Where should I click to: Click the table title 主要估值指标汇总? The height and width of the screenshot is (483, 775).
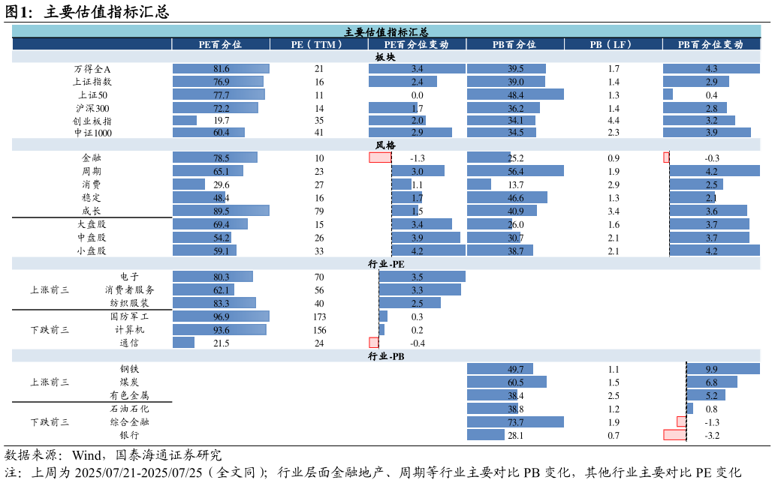386,32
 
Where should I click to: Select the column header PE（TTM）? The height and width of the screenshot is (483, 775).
318,45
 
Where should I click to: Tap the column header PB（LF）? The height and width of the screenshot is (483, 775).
613,45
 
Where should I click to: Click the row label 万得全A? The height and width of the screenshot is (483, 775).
92,69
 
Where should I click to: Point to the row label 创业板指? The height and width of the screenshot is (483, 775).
92,121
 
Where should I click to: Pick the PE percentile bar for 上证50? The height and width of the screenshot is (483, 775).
219,95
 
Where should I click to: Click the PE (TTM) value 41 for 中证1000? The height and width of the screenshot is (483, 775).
319,133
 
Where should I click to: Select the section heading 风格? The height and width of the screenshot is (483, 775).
386,145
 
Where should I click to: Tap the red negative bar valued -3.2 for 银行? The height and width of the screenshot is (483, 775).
674,435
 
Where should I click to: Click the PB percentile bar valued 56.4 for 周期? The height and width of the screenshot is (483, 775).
515,172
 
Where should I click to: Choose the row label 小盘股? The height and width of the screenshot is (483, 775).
92,251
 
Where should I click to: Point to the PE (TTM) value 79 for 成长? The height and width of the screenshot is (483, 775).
319,211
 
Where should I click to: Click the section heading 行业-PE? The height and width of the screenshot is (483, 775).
386,264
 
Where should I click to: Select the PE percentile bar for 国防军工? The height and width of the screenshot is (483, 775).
221,316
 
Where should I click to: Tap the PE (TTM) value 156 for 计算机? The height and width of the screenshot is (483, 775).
319,330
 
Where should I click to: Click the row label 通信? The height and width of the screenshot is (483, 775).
129,343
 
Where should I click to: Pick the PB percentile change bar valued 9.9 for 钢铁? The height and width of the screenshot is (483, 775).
722,369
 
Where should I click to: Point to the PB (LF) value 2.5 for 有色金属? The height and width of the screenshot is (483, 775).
614,396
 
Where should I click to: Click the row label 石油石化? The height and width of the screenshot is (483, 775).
129,409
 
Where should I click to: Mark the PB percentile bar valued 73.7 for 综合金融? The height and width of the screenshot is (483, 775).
515,422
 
